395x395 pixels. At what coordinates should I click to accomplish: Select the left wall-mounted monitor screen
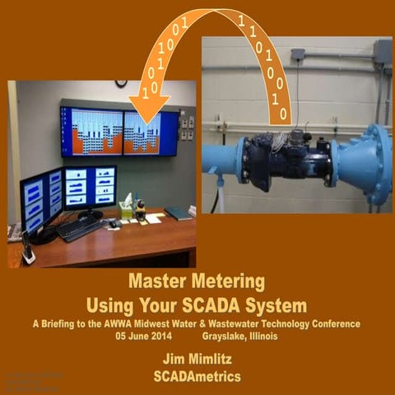click(x=91, y=131)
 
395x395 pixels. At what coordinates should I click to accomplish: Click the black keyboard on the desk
click(x=80, y=228)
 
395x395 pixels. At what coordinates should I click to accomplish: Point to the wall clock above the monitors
click(x=121, y=84)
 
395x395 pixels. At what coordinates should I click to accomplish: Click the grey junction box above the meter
click(x=298, y=56)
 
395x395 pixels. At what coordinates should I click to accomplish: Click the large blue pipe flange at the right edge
click(x=376, y=165)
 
